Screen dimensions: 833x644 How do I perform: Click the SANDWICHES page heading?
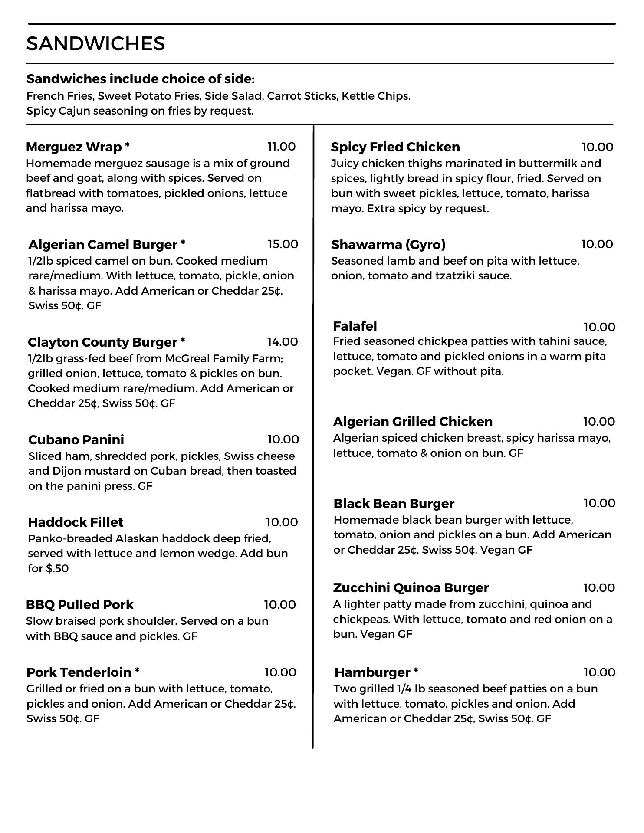pos(95,44)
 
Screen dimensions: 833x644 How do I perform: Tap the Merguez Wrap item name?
pos(74,147)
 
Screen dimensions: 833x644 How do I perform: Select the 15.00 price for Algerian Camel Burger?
pos(283,244)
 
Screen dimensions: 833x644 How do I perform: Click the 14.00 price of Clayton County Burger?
pos(283,342)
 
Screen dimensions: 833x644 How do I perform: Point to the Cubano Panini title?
pos(76,439)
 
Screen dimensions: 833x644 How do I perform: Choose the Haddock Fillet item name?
pos(76,522)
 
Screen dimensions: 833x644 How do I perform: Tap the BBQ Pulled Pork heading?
pos(80,604)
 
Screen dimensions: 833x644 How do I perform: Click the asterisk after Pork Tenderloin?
pos(137,671)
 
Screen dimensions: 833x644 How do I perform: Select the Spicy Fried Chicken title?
pos(395,147)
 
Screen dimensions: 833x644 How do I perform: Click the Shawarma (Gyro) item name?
pos(388,245)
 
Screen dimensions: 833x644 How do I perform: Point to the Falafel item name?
pos(355,326)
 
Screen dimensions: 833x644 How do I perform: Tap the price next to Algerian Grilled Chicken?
pos(599,421)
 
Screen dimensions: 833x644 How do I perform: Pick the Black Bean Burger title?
pos(394,503)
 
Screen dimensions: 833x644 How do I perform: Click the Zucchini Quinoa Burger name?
pos(411,587)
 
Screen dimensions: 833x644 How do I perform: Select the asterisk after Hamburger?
pos(416,671)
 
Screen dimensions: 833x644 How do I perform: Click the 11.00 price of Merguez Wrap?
pos(282,147)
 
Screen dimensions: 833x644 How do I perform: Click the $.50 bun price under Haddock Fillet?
pos(57,568)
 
